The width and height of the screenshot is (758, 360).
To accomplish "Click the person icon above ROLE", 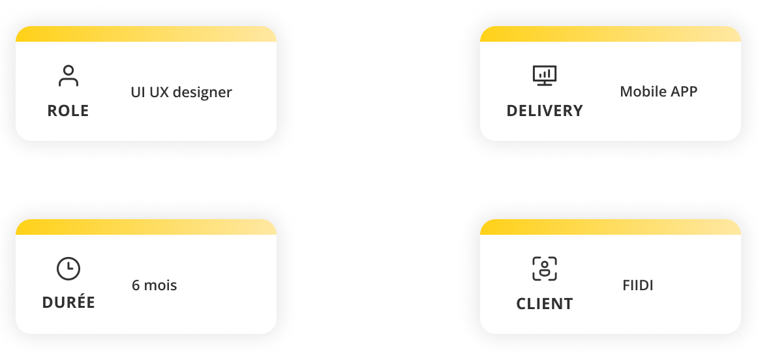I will pyautogui.click(x=68, y=76).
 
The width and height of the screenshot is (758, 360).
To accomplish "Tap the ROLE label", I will pyautogui.click(x=68, y=111).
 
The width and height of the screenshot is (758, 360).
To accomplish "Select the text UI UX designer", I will pyautogui.click(x=181, y=92).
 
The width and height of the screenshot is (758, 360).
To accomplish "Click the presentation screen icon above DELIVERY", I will pyautogui.click(x=545, y=76).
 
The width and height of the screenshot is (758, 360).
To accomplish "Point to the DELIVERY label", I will pyautogui.click(x=545, y=111).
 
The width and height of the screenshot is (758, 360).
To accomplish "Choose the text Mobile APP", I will pyautogui.click(x=658, y=91).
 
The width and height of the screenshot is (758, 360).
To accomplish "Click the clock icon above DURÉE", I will pyautogui.click(x=68, y=269).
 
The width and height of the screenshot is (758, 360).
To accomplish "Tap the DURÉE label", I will pyautogui.click(x=68, y=303).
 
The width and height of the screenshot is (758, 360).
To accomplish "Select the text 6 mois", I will pyautogui.click(x=154, y=286).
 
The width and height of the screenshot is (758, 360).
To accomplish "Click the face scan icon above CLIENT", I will pyautogui.click(x=545, y=269).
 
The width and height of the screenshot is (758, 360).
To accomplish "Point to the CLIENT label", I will pyautogui.click(x=545, y=304).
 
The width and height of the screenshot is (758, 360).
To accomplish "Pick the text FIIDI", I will pyautogui.click(x=638, y=286).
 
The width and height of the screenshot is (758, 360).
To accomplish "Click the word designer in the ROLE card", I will pyautogui.click(x=207, y=93).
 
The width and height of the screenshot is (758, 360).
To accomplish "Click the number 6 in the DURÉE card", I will pyautogui.click(x=136, y=286).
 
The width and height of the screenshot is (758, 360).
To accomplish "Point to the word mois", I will pyautogui.click(x=160, y=286).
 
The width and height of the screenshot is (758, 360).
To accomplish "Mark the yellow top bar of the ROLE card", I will pyautogui.click(x=146, y=34).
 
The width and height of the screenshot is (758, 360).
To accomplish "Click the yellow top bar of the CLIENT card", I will pyautogui.click(x=610, y=227).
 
